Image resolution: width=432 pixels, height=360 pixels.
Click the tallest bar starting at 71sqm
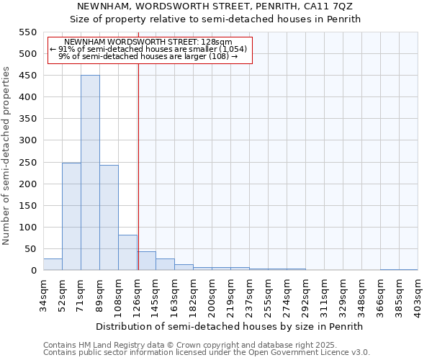90,173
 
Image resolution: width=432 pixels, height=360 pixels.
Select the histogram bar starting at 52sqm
71,216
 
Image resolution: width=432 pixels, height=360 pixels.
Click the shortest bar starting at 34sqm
53,264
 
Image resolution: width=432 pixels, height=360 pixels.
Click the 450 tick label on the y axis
27,76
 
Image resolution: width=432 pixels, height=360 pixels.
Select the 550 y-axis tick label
27,32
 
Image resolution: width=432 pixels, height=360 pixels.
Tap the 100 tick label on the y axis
27,228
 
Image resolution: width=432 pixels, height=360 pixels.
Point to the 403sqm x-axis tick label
418,292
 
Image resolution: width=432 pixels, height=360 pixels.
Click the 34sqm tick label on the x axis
44,292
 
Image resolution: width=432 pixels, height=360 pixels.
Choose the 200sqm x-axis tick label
212,292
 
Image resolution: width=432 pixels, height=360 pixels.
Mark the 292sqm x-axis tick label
306,292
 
